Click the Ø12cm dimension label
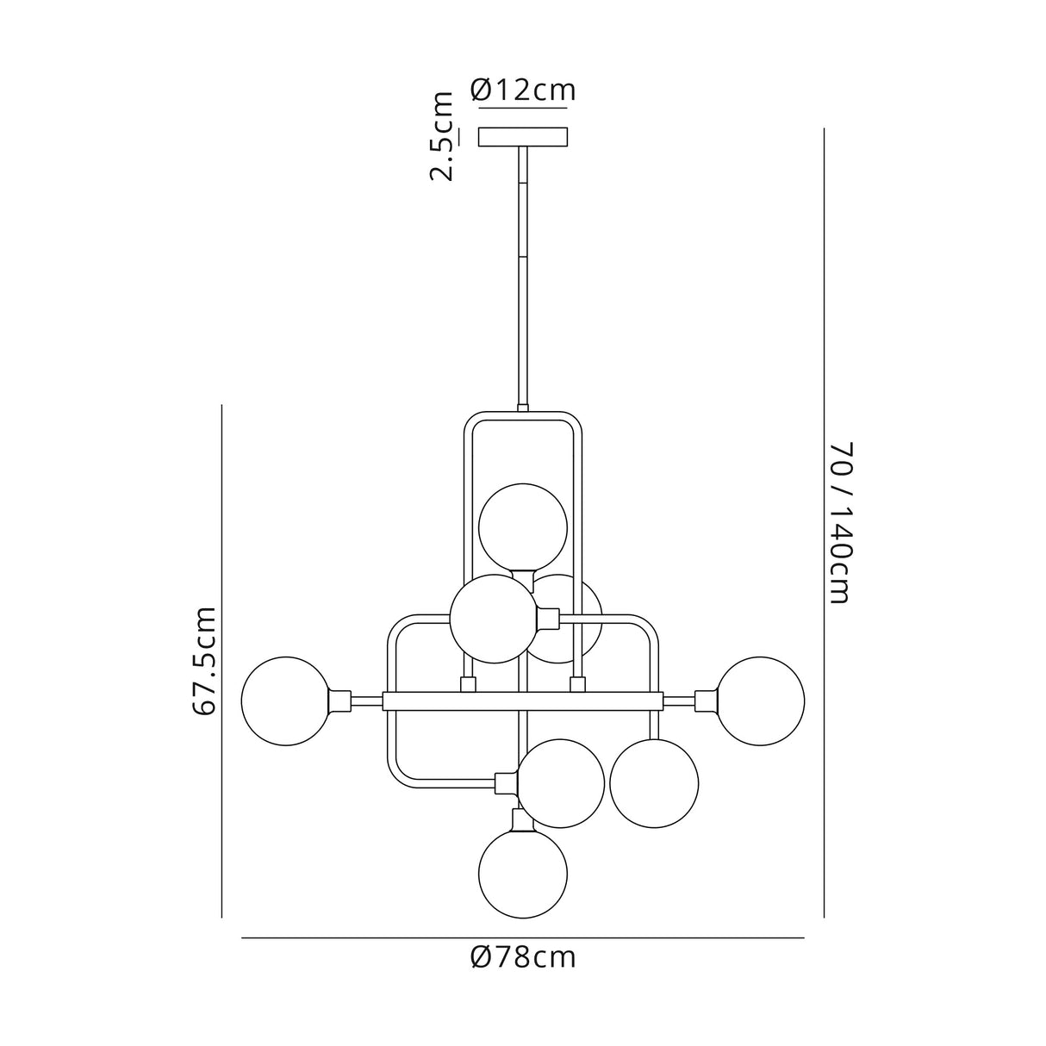523,90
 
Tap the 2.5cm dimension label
442,136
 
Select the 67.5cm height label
204,661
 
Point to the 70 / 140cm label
841,523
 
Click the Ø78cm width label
523,957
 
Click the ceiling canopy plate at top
523,137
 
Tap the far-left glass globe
285,700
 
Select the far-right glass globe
761,700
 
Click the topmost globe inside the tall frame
523,527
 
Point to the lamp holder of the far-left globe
339,700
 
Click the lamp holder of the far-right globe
707,700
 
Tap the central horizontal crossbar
523,701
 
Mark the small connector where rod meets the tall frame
522,408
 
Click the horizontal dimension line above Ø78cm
523,937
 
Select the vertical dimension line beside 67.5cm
222,661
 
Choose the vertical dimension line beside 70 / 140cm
824,523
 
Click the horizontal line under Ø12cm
523,109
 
